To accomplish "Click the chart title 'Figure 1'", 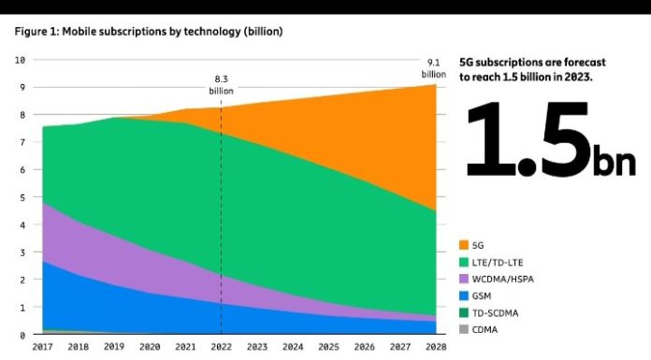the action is [36, 32].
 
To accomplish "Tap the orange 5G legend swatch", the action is [464, 245].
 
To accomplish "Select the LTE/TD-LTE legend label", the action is [498, 263].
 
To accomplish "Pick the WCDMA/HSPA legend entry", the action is [496, 279].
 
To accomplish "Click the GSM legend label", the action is [482, 296].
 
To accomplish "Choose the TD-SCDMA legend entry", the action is [488, 313].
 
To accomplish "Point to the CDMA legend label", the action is [485, 330].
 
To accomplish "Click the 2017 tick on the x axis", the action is [42, 346].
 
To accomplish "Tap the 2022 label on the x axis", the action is [222, 346].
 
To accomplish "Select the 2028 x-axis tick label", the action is [436, 346].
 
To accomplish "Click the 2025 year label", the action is [328, 346].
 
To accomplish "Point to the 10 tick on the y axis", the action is [20, 60].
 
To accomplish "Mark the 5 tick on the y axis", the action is [22, 197].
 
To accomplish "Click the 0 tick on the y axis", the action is [22, 335].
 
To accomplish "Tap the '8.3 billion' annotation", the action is [222, 85].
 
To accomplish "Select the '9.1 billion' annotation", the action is [434, 68].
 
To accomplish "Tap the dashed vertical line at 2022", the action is [222, 221].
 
